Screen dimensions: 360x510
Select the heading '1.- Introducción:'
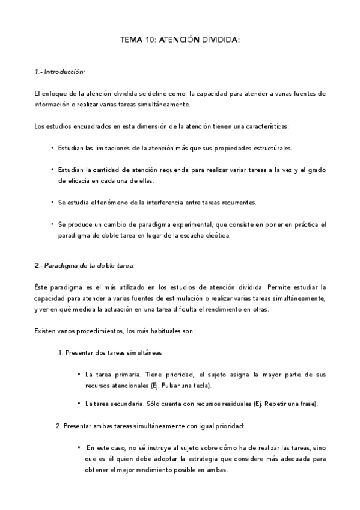point(59,72)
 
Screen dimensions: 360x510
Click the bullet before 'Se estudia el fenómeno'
point(52,203)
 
